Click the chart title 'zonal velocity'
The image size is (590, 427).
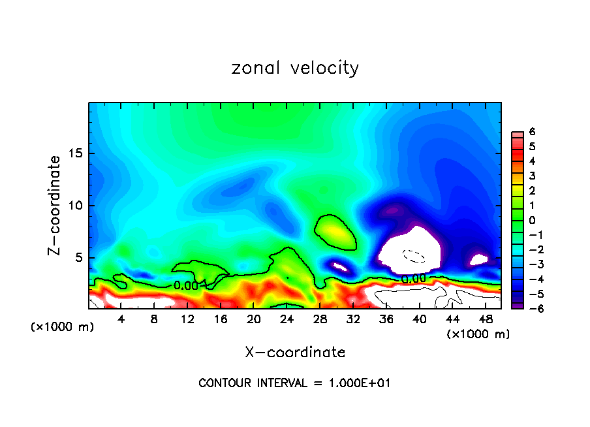pyautogui.click(x=295, y=68)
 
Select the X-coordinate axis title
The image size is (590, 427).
pyautogui.click(x=295, y=353)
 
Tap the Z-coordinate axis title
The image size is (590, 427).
pyautogui.click(x=55, y=205)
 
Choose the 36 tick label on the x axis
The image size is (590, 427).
pyautogui.click(x=386, y=319)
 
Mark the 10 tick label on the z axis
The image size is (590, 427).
pyautogui.click(x=76, y=206)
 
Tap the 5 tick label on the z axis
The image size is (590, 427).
pyautogui.click(x=80, y=257)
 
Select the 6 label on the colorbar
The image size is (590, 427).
pyautogui.click(x=532, y=132)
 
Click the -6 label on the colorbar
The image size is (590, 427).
pyautogui.click(x=530, y=308)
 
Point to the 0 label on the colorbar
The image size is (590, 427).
pyautogui.click(x=532, y=220)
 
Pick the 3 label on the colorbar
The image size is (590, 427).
pyautogui.click(x=532, y=176)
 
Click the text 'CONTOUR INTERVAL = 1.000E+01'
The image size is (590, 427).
pyautogui.click(x=295, y=383)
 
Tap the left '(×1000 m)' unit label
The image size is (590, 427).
pyautogui.click(x=63, y=326)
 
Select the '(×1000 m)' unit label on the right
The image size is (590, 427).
pyautogui.click(x=478, y=334)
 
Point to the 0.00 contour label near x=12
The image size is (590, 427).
pyautogui.click(x=186, y=285)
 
